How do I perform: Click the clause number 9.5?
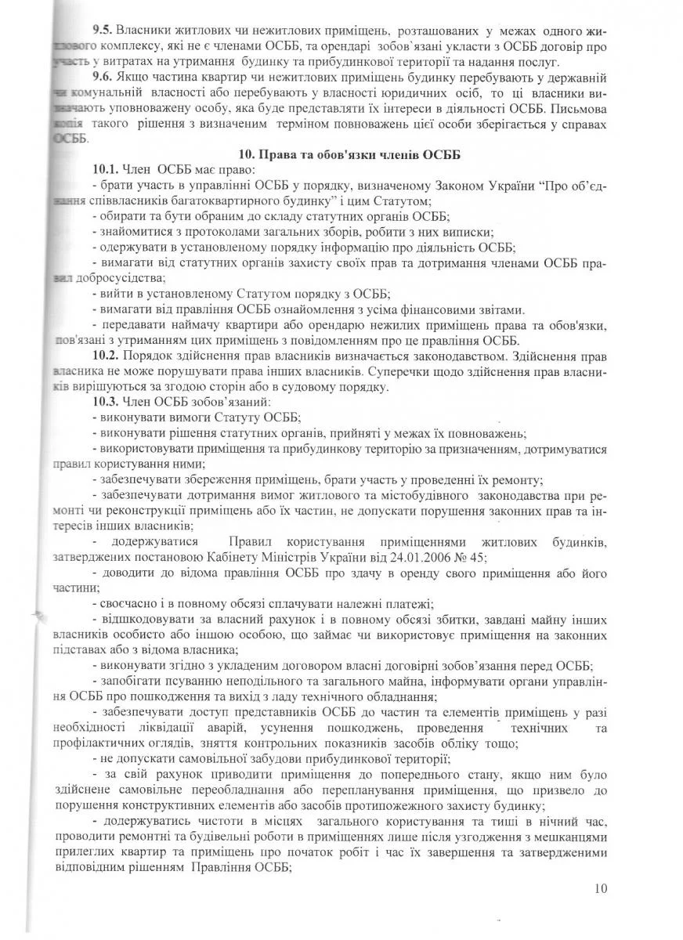(103, 29)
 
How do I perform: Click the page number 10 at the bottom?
(600, 888)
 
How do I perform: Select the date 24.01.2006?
(439, 557)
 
